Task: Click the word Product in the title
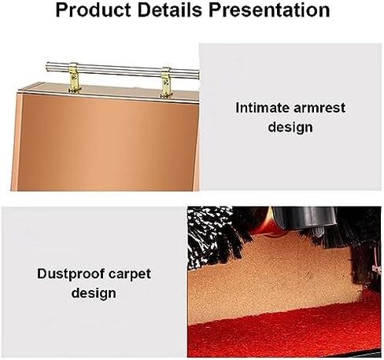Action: click(x=93, y=10)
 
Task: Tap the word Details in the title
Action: click(x=170, y=10)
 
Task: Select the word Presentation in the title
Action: click(x=269, y=10)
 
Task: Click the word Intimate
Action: click(x=262, y=108)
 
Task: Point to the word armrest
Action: click(x=319, y=108)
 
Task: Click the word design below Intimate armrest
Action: click(x=290, y=127)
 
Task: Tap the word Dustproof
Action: click(x=71, y=274)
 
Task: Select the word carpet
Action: click(x=130, y=274)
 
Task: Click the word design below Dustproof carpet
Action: click(x=94, y=293)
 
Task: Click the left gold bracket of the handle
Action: click(x=74, y=78)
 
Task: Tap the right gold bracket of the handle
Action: click(x=166, y=83)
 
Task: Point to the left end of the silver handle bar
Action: click(x=46, y=66)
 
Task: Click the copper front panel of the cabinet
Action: click(x=108, y=143)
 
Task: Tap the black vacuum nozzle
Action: click(x=305, y=218)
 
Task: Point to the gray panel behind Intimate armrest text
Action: click(x=290, y=116)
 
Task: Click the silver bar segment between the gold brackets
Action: click(x=120, y=70)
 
